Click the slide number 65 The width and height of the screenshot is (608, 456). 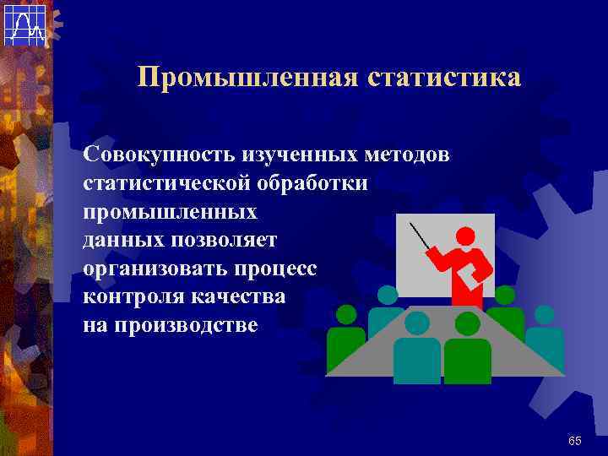(575, 441)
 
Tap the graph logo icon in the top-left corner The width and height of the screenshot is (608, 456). (24, 24)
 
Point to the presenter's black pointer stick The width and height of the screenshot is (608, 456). (419, 236)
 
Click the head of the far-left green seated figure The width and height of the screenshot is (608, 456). (346, 316)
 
